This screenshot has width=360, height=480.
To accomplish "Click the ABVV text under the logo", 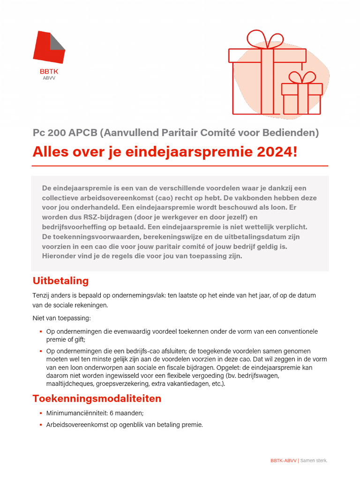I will (49, 78).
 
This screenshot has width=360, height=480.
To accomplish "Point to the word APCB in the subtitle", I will (82, 133).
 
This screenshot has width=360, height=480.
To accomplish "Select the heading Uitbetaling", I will (60, 281).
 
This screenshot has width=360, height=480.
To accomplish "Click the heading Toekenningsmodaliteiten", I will (97, 398).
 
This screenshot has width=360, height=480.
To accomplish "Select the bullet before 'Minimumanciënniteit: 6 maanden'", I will (41, 413).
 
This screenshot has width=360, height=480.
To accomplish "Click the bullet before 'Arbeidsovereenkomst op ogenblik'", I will (41, 425).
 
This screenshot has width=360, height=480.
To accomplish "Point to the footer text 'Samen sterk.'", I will (314, 461).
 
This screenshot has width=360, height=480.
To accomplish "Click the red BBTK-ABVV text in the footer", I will (284, 461).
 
